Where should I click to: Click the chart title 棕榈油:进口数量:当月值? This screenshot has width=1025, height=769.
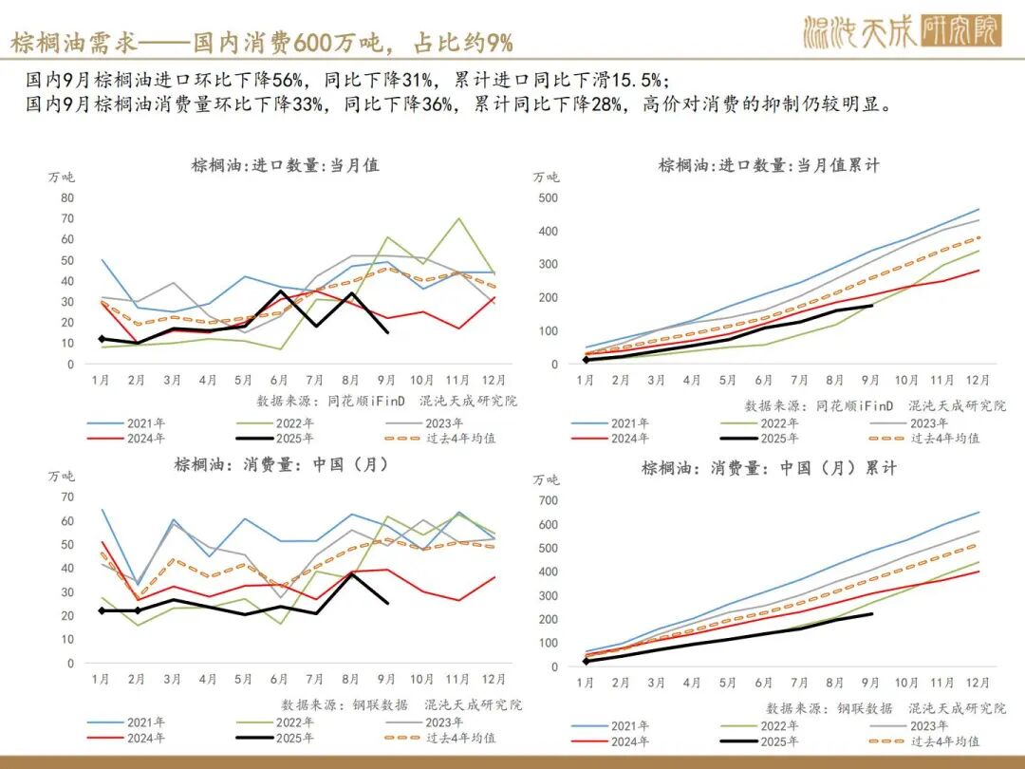(x=285, y=165)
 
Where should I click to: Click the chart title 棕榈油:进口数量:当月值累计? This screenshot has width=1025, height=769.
(x=769, y=165)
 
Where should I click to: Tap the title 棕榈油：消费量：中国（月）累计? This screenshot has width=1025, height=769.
(x=769, y=468)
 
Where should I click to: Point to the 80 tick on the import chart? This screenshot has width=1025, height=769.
(x=66, y=197)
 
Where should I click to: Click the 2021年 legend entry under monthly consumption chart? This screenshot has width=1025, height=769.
(x=143, y=722)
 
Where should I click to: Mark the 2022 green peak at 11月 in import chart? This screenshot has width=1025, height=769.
(x=459, y=218)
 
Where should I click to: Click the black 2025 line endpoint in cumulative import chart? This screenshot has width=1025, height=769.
(x=871, y=305)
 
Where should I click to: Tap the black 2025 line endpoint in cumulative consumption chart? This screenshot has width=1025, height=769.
(x=871, y=614)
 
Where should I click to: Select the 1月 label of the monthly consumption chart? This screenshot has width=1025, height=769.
(x=102, y=679)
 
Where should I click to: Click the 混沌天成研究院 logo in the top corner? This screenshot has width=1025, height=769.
(x=902, y=31)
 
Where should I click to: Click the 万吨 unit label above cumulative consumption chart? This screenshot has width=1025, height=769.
(x=547, y=478)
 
